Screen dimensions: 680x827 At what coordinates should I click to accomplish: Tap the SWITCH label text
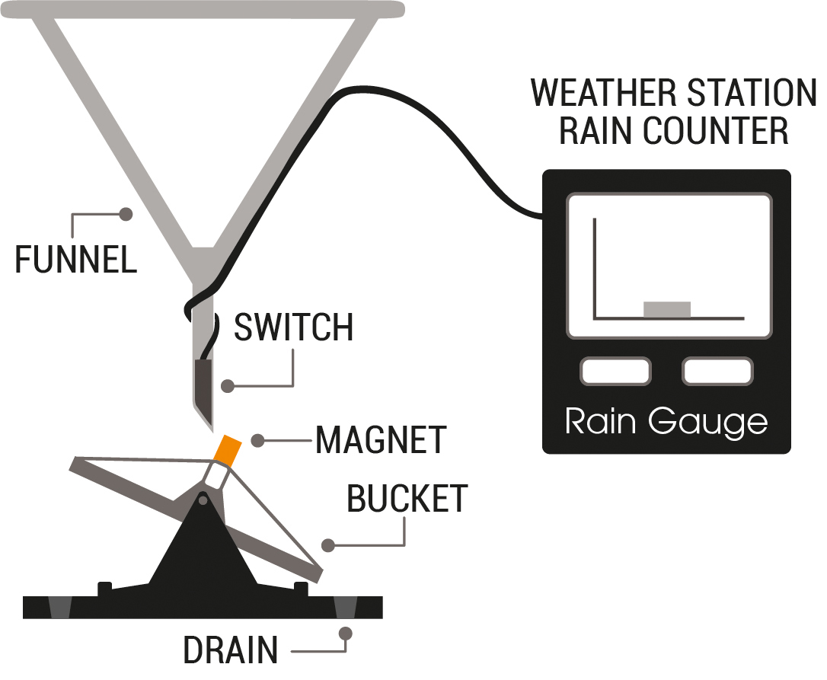click(293, 327)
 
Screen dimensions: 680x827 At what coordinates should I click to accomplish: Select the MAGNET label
click(380, 439)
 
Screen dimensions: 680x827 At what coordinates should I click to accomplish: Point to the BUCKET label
click(407, 499)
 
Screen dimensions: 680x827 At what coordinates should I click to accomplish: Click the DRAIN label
click(230, 652)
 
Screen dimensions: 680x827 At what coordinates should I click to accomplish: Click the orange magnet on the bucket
click(228, 449)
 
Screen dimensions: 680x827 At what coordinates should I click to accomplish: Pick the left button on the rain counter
click(615, 372)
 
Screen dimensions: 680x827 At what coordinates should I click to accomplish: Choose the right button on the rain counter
click(717, 372)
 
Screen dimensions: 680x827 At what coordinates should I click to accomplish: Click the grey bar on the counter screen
click(667, 309)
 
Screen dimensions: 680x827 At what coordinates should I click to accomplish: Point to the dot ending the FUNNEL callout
click(126, 214)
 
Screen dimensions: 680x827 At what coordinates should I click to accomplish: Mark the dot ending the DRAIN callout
click(345, 632)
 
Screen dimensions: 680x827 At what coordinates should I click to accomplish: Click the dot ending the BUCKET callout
click(328, 545)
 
